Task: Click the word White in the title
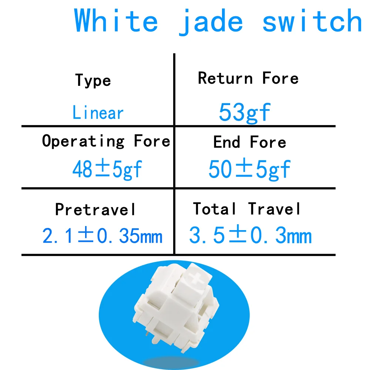coord(116,20)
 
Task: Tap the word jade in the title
coord(211,22)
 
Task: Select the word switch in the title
coord(312,20)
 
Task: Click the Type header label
coord(93,80)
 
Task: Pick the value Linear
coord(98,112)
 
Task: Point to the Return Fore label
coord(248,78)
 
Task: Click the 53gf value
coord(245,113)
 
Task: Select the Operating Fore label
coord(106,141)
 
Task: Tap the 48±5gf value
coord(107,169)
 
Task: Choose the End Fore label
coord(250,142)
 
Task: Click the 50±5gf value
coord(249,169)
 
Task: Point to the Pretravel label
coord(95,209)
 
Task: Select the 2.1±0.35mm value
coord(102,235)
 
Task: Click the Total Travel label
coord(246,209)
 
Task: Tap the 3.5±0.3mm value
coord(250,235)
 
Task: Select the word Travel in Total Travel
coord(274,209)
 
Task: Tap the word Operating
coord(83,141)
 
